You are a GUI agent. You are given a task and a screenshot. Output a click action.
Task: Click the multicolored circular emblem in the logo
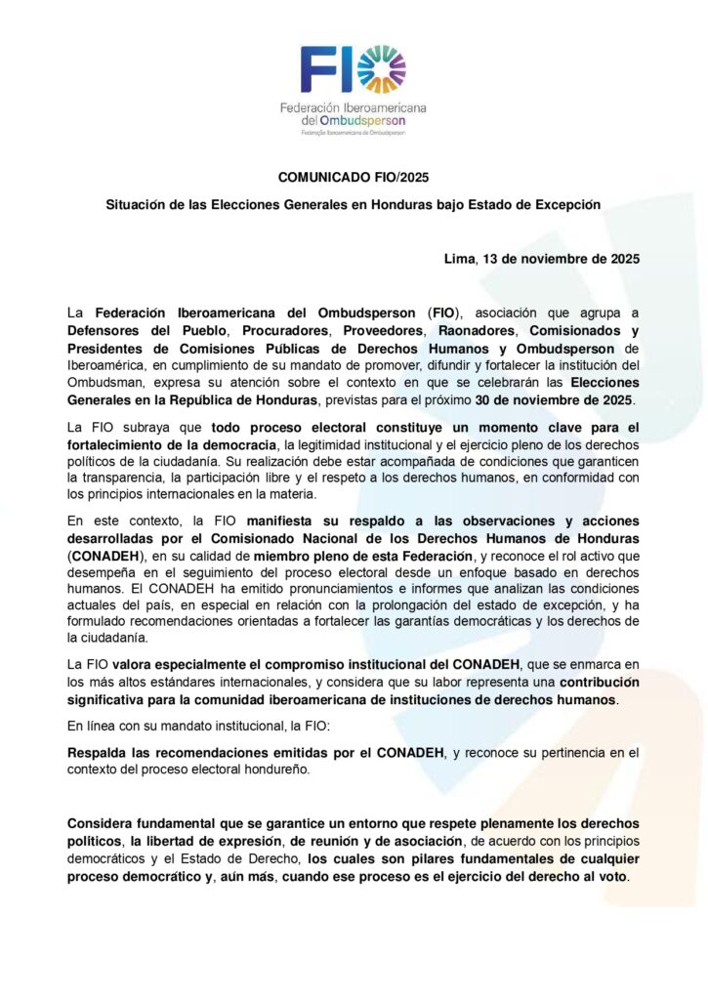pyautogui.click(x=382, y=69)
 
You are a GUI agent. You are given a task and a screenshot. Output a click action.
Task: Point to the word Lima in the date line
pyautogui.click(x=458, y=259)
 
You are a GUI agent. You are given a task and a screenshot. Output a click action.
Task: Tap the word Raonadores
pyautogui.click(x=459, y=331)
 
